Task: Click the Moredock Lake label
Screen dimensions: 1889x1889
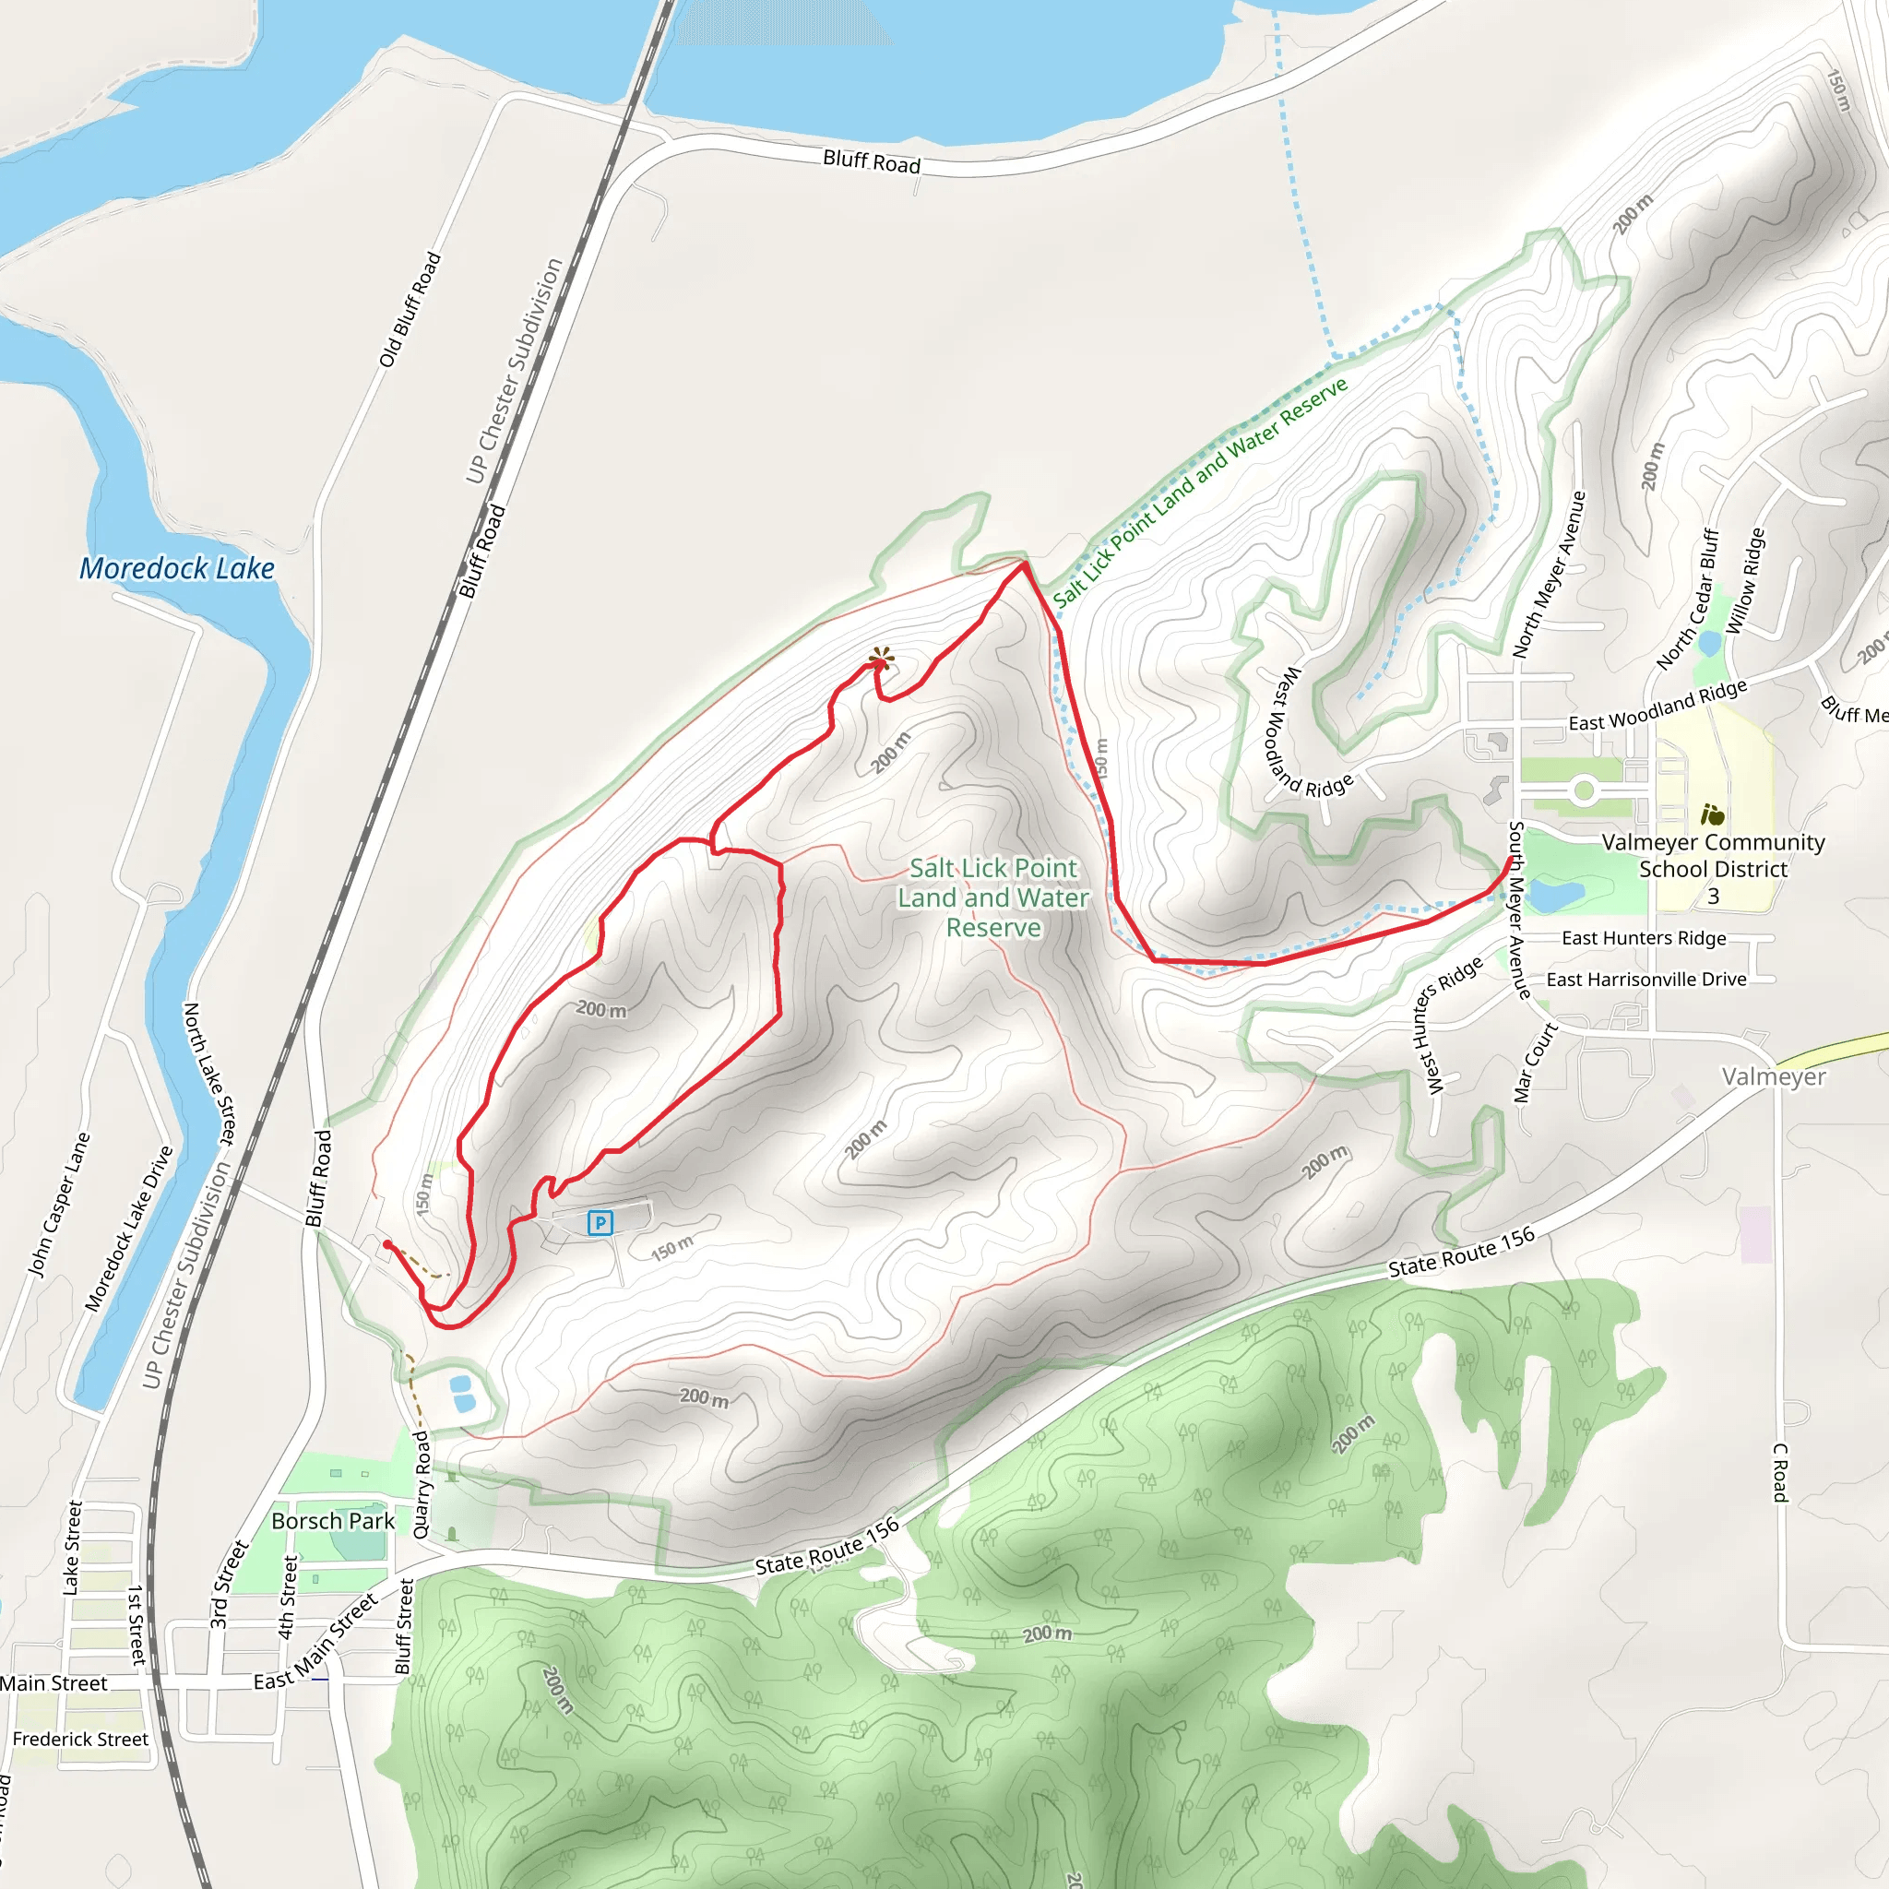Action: coord(177,569)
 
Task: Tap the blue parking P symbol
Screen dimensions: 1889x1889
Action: coord(600,1222)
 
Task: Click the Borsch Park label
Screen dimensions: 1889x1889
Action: coord(332,1521)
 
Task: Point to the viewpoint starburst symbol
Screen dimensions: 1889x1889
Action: coord(882,657)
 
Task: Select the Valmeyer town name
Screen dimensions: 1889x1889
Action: coord(1774,1076)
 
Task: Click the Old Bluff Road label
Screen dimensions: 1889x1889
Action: coord(410,310)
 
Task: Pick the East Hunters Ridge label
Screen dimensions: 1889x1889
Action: coord(1644,939)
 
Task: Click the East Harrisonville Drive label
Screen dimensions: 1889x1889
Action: coord(1646,980)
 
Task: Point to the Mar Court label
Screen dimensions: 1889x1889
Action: coord(1535,1063)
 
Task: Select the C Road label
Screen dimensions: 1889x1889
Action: coord(1780,1472)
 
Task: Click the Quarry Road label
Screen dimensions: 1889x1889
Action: coord(422,1484)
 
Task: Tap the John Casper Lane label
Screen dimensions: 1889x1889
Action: coord(60,1205)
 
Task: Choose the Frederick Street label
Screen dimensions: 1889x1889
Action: coord(80,1740)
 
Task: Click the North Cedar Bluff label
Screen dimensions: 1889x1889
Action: coord(1688,600)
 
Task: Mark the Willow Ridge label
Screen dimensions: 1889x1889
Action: coord(1745,582)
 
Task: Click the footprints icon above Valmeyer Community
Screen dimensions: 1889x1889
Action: coord(1712,814)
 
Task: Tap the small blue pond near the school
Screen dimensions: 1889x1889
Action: coord(1556,895)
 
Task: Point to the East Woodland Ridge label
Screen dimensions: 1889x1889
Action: coord(1657,707)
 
